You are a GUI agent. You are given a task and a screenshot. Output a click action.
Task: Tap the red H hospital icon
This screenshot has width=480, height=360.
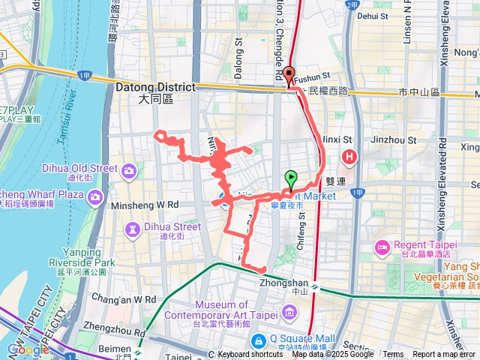[x=349, y=157]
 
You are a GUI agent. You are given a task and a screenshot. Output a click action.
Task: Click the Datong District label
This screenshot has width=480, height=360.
[x=155, y=88]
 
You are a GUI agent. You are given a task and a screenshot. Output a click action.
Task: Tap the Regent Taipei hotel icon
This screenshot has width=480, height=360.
[x=381, y=247]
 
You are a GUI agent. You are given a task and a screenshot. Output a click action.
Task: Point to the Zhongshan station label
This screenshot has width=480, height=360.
[x=292, y=283]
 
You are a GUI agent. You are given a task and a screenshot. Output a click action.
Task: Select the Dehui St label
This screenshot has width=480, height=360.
[x=373, y=15]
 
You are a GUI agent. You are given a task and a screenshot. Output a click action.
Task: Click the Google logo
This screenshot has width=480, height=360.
[x=28, y=349]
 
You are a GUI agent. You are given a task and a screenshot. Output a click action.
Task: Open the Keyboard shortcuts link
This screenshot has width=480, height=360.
[x=250, y=354]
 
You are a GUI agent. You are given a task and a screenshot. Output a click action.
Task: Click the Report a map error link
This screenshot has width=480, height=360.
[x=444, y=354]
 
